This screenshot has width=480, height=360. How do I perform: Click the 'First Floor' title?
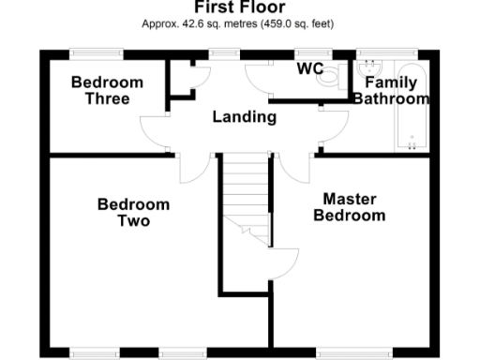[x=239, y=7]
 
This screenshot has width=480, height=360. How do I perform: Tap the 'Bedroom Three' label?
[x=107, y=90]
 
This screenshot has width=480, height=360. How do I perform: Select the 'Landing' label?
[x=244, y=117]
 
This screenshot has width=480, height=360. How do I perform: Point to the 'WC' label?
[x=309, y=69]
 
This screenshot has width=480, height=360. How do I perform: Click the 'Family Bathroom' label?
[x=390, y=90]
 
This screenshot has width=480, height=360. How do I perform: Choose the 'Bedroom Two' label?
[x=133, y=213]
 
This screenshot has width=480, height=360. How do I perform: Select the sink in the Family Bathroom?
[x=370, y=67]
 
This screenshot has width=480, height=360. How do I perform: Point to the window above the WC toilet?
[x=309, y=52]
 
